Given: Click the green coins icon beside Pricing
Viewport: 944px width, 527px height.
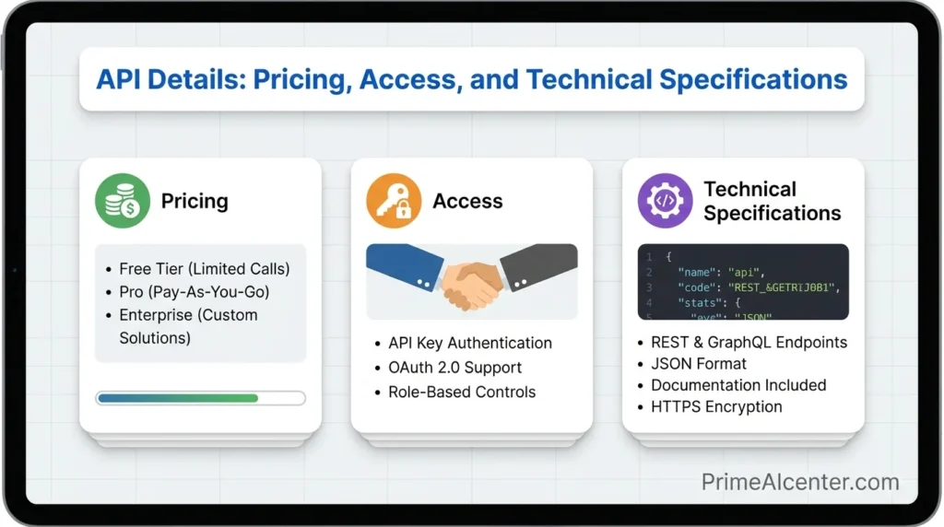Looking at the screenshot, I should (123, 201).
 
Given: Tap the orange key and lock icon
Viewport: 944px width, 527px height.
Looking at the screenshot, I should (394, 201).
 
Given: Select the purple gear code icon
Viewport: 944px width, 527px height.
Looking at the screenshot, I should (665, 201).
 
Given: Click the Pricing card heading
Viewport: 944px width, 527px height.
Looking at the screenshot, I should (195, 201).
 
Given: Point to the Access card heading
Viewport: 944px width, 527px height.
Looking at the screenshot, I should (467, 201).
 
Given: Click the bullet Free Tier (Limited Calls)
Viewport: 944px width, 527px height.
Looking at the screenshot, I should (204, 269).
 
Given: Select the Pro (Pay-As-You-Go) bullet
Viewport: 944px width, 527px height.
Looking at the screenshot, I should (194, 292).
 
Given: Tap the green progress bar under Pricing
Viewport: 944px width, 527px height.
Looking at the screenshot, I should (177, 398).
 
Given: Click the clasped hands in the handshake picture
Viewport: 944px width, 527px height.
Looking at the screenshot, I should (471, 280).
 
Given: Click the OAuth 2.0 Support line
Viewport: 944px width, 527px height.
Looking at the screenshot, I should (454, 368).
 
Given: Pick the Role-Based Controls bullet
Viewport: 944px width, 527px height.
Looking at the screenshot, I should (462, 392).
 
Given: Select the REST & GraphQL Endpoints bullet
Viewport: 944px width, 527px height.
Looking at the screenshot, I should (749, 343).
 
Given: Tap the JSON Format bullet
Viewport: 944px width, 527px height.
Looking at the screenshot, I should (699, 364).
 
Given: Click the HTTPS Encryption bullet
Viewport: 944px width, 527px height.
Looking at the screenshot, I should (716, 406).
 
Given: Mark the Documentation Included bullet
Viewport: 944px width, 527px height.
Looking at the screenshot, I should (738, 385).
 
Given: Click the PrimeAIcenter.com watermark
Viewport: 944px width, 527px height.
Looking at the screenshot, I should (799, 482).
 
